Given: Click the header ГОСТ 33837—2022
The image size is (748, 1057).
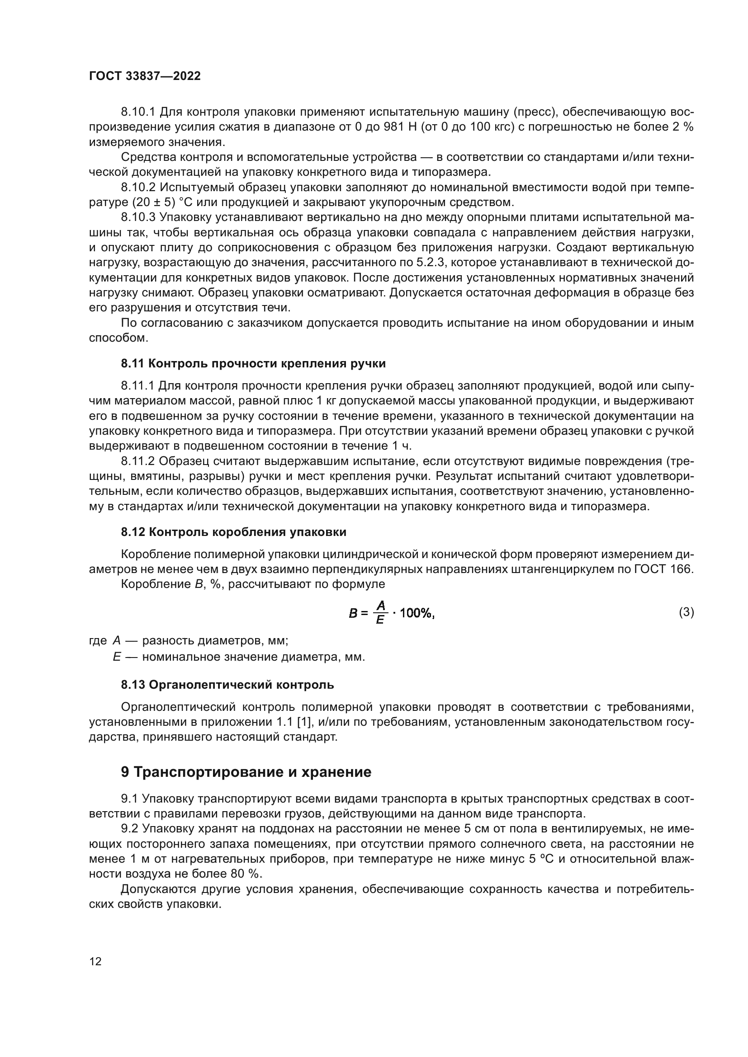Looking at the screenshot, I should [145, 76].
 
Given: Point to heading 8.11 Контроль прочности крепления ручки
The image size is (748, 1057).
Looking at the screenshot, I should [253, 364].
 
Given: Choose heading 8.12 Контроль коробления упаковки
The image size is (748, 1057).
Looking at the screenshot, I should [233, 532].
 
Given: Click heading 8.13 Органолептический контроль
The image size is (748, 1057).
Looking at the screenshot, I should [227, 685].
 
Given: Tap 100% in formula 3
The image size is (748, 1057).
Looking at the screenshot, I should [417, 613].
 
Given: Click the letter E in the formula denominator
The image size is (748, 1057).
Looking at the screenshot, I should [380, 620].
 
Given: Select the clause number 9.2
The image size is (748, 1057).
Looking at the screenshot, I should [130, 829].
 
